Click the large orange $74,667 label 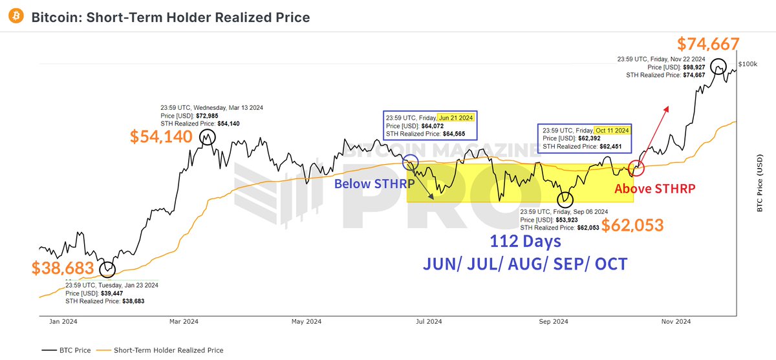tap(707, 44)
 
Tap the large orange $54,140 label tap(161, 136)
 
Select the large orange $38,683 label tap(63, 268)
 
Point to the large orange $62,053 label tap(632, 225)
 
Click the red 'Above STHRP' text tap(654, 189)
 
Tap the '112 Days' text tap(524, 242)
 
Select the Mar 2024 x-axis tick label tap(183, 321)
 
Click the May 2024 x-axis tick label tap(306, 321)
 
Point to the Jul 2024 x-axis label tap(429, 321)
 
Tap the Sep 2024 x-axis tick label tap(554, 321)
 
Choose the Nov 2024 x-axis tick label tap(676, 321)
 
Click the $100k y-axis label tap(747, 64)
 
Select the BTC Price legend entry tap(67, 350)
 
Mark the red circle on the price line tap(637, 169)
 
